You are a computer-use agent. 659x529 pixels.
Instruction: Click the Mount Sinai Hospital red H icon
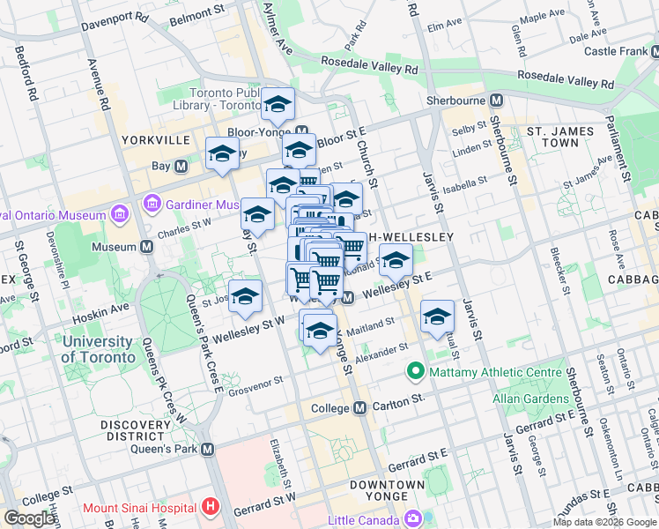click(x=209, y=507)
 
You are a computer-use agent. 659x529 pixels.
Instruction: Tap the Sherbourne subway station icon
click(x=497, y=101)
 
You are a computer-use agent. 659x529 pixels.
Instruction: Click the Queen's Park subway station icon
click(x=208, y=449)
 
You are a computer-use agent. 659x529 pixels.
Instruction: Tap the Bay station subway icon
click(x=181, y=166)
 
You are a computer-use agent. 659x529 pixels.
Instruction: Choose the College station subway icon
click(x=359, y=408)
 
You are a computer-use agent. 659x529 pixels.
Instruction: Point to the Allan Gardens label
click(x=530, y=399)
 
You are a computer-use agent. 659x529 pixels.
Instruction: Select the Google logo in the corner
click(x=29, y=518)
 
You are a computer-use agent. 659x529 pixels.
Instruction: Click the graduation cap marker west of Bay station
click(x=222, y=155)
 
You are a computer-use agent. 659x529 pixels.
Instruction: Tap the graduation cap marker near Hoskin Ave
click(x=245, y=298)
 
